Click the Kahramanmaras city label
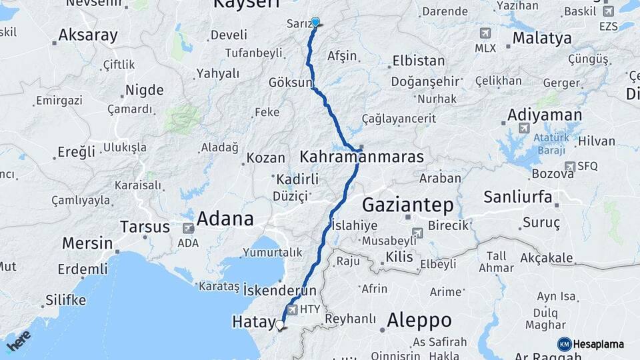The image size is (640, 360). (x=361, y=157)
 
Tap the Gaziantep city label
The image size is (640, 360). (x=408, y=204)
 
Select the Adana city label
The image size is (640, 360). (x=225, y=219)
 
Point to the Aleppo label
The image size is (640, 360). (x=419, y=320)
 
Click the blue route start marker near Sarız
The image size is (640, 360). (x=315, y=22)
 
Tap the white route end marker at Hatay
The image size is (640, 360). (x=280, y=325)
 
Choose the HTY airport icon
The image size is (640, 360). (x=292, y=310)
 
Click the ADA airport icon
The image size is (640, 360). (x=189, y=228)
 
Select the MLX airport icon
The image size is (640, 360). (x=485, y=33)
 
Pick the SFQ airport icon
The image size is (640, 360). (x=569, y=166)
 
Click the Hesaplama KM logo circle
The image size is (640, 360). (x=564, y=344)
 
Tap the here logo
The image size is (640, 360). (x=19, y=340)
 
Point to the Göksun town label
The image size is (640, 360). (x=290, y=83)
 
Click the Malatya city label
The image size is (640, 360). (x=542, y=38)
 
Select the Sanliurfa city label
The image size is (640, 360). (x=518, y=197)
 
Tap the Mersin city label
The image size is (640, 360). (x=87, y=243)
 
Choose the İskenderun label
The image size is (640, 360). (x=279, y=291)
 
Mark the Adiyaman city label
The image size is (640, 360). (x=545, y=115)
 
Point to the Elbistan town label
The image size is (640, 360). (x=419, y=61)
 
